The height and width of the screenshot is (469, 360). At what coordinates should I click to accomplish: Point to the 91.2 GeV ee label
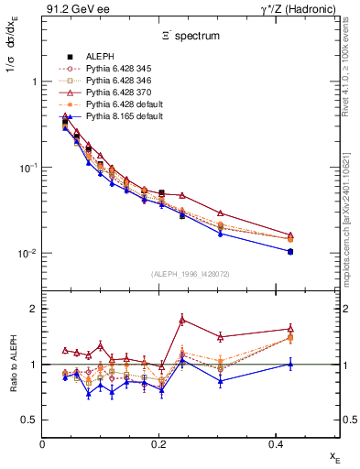[70, 8]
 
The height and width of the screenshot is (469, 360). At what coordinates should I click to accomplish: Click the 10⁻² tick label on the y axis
[27, 254]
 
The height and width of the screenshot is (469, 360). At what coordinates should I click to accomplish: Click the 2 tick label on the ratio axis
[34, 309]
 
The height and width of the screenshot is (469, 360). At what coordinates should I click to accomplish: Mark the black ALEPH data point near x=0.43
[289, 251]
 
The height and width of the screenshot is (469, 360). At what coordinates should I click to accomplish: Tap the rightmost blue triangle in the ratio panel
[289, 364]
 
